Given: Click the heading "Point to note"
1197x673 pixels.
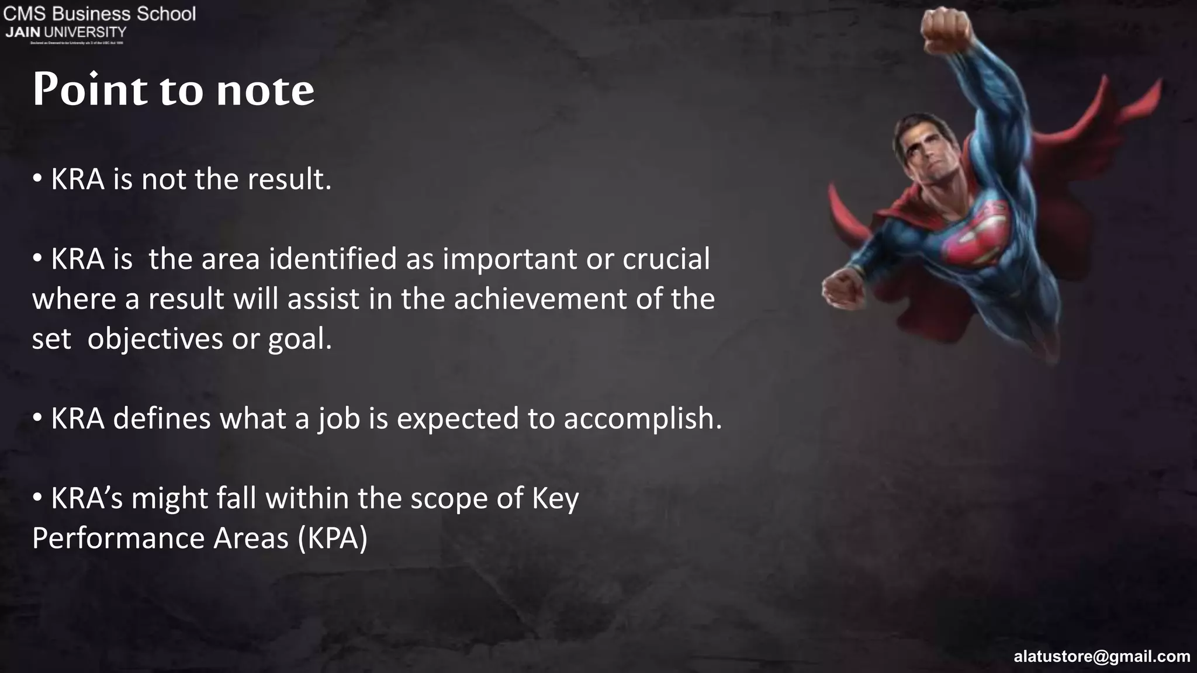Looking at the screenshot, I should click(173, 90).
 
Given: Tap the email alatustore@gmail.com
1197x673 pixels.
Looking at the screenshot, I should click(1102, 657).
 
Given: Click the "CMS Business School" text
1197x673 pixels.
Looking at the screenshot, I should click(99, 13).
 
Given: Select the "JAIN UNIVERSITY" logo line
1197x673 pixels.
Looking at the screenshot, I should click(65, 32).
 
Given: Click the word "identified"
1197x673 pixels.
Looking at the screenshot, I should click(333, 259).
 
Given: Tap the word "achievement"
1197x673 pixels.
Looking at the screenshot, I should click(541, 299).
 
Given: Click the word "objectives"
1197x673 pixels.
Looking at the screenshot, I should click(155, 339).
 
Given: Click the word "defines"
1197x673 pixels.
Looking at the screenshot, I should click(161, 418).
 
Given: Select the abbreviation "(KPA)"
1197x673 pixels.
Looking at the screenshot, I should click(333, 538).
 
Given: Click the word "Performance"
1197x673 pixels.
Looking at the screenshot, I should click(118, 538).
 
